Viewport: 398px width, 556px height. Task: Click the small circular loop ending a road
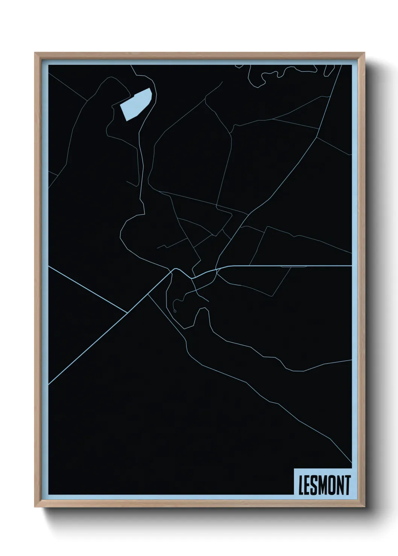175,311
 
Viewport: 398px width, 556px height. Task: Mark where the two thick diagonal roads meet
128,312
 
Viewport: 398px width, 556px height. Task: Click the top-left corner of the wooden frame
35,53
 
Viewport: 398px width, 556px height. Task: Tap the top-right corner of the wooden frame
365,53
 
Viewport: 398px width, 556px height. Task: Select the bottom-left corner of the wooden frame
35,508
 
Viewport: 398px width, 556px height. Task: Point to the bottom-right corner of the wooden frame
365,508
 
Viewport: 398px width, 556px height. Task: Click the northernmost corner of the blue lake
150,88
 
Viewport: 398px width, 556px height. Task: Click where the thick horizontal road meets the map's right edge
351,266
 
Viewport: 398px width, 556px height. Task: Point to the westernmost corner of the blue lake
120,105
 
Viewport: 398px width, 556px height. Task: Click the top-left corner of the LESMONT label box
294,468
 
